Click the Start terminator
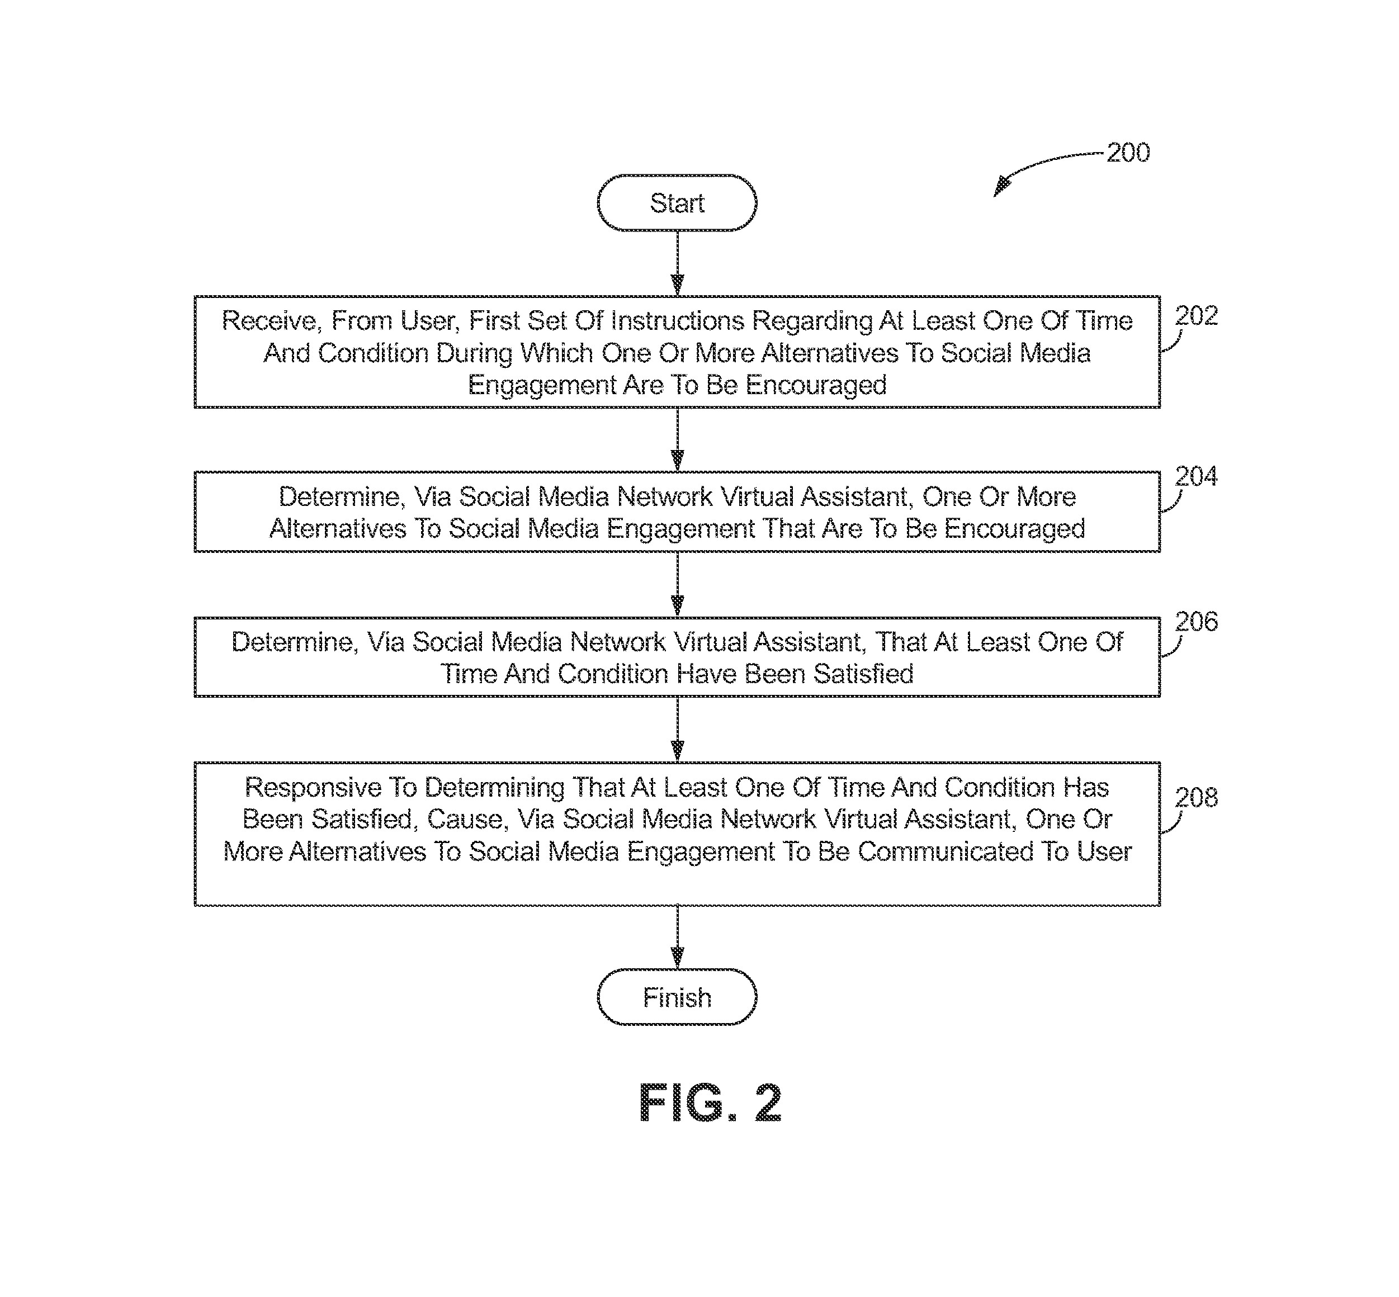(677, 203)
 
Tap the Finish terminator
(677, 997)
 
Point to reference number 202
(1196, 316)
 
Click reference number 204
(1196, 476)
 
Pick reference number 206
(1196, 622)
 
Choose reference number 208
(1196, 797)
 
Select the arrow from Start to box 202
(677, 263)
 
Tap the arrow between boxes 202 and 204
(677, 439)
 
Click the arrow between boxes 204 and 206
(677, 584)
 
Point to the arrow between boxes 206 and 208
(677, 729)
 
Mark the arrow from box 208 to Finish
(677, 937)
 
